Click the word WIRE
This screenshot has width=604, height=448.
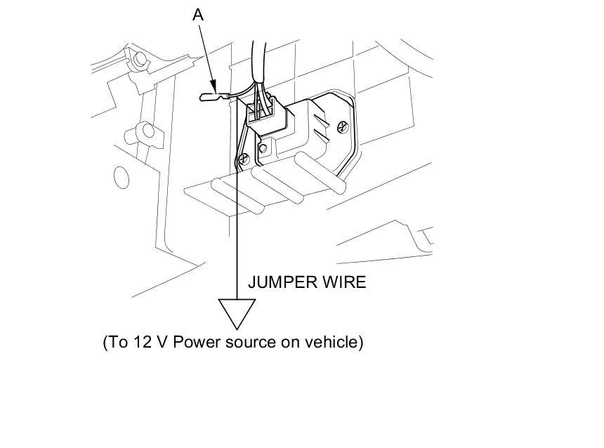pos(346,283)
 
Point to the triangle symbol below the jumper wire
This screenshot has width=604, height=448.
pos(237,312)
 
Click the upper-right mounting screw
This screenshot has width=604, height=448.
pos(342,126)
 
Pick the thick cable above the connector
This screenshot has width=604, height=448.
pos(259,60)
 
